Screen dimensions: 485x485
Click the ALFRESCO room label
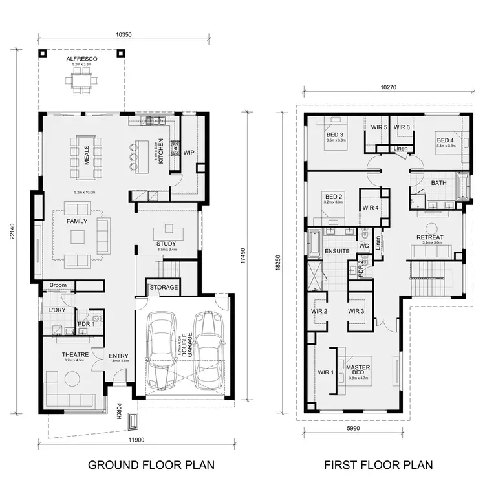tap(81, 59)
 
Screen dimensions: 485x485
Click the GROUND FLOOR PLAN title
tap(151, 465)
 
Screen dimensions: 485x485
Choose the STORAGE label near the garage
tap(164, 287)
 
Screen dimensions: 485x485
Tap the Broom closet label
tap(58, 285)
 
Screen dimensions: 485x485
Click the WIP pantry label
tap(189, 153)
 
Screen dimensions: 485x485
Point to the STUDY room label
tap(167, 243)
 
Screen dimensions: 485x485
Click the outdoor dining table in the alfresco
tap(81, 81)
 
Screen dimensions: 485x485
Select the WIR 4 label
tap(371, 208)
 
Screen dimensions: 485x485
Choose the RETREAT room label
tap(429, 238)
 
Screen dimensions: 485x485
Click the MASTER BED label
tap(358, 370)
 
